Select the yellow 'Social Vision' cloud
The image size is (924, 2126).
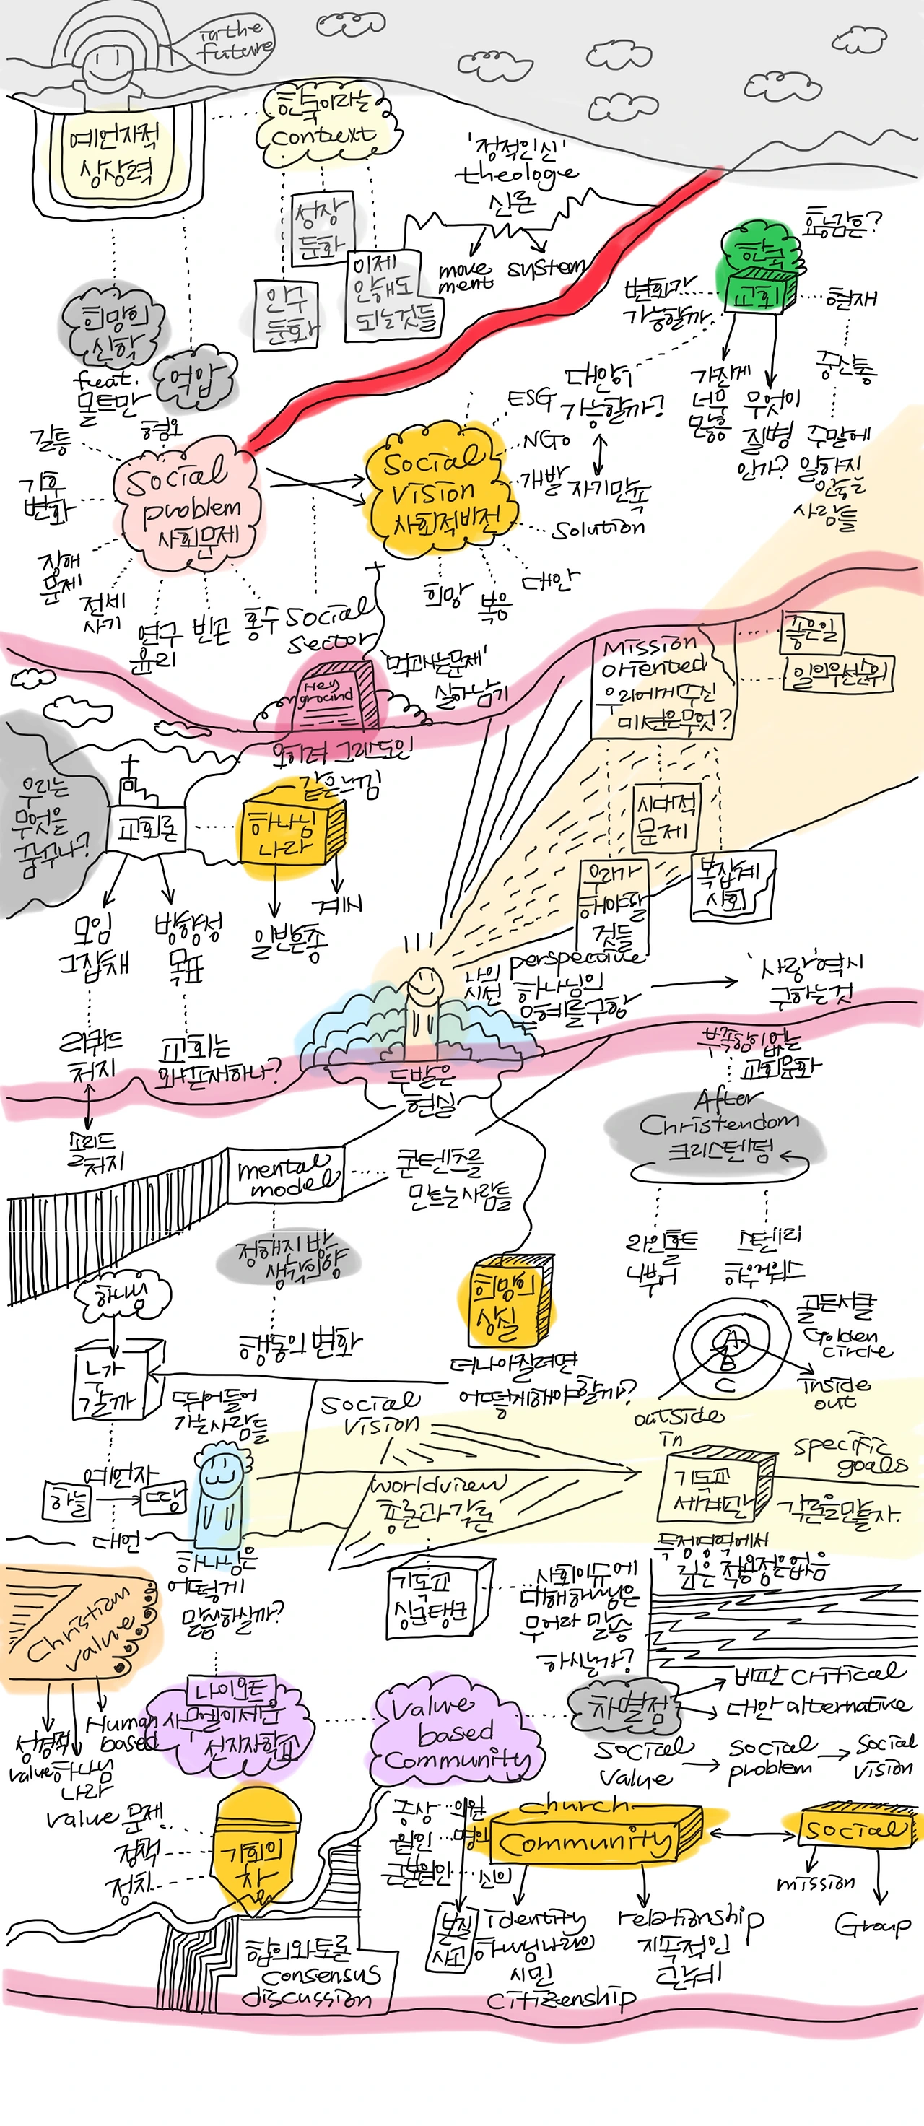click(x=437, y=487)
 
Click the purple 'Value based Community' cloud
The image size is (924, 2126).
click(x=456, y=1733)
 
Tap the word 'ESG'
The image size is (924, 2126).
click(x=530, y=399)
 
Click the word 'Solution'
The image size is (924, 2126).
click(x=599, y=528)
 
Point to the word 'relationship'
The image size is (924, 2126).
click(x=692, y=1920)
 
